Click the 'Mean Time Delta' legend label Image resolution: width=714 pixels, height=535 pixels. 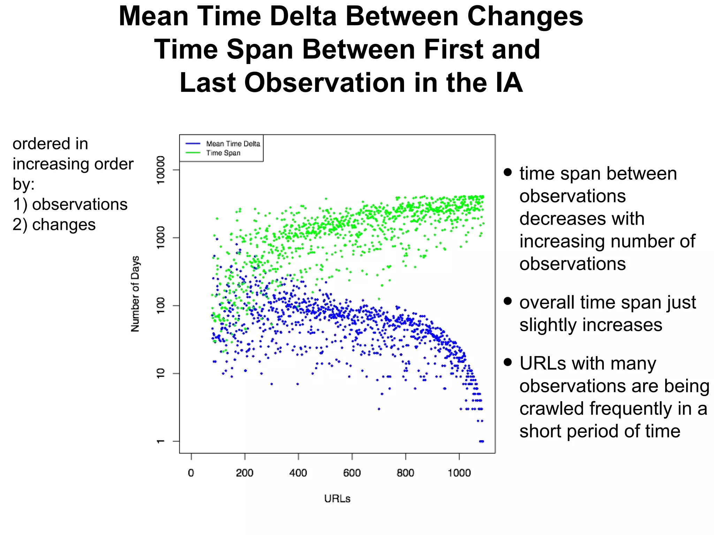tap(233, 144)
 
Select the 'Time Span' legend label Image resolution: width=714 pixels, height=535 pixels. tap(223, 153)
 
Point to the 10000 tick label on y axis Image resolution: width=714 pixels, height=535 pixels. tap(160, 170)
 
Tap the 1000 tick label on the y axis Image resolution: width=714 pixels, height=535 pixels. tap(160, 238)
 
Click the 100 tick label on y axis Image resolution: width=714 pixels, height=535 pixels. tap(160, 305)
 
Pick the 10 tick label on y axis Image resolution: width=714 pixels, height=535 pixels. tap(160, 373)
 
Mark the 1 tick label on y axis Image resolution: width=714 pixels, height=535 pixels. tap(160, 441)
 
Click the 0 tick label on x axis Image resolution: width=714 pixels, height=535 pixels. tap(191, 473)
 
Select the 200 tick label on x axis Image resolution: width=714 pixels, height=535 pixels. tap(244, 473)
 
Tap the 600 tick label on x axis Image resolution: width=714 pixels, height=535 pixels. tap(352, 473)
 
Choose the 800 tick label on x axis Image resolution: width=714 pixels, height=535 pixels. tap(405, 473)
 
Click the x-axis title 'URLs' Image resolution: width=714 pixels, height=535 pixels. tap(337, 499)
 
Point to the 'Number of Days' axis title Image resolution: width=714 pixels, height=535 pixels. tap(135, 294)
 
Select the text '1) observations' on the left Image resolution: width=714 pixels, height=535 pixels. tap(70, 204)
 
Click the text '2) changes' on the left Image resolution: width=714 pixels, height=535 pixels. tap(54, 225)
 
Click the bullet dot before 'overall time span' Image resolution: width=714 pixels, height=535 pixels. tap(508, 301)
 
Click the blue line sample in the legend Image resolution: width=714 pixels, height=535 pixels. tap(193, 144)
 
